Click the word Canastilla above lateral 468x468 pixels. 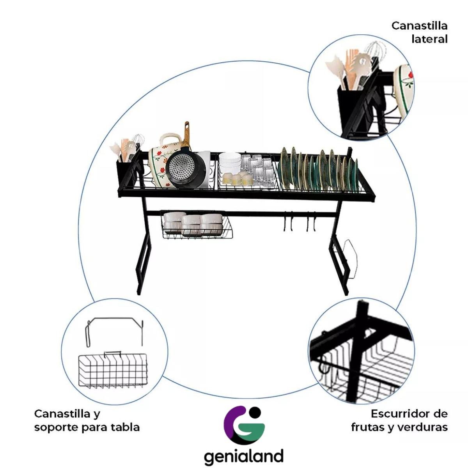(419, 26)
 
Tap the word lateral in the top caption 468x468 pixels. (429, 39)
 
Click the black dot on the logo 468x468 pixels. (255, 411)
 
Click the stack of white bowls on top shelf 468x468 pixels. (229, 164)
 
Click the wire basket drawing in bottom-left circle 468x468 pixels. (112, 371)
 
